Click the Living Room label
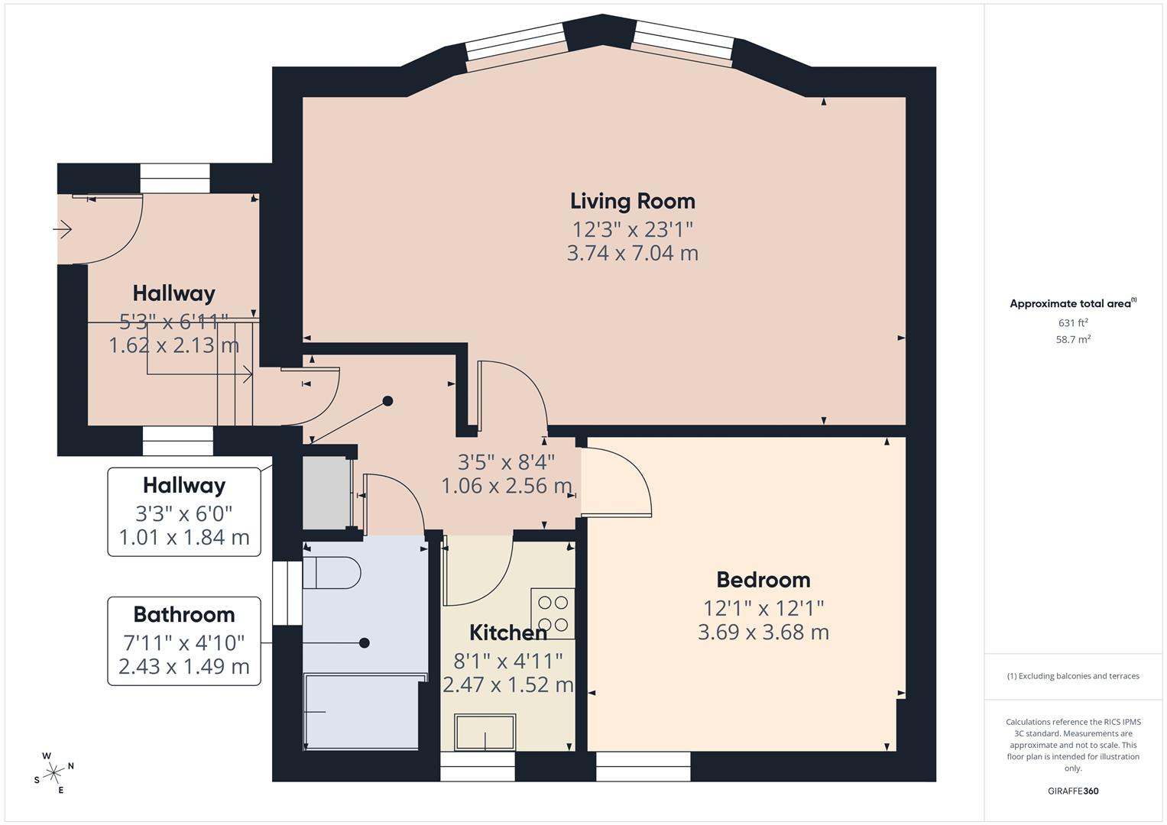632,202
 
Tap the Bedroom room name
763,580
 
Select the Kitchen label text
507,632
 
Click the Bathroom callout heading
183,614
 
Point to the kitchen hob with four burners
553,613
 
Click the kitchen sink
485,733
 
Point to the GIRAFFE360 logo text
1072,791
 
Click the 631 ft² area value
1072,323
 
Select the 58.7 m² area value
1072,340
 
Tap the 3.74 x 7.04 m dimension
632,253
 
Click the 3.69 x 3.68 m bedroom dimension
763,632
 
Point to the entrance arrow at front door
62,228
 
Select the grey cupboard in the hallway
326,493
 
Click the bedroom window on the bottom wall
643,766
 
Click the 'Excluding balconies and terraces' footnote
1072,676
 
